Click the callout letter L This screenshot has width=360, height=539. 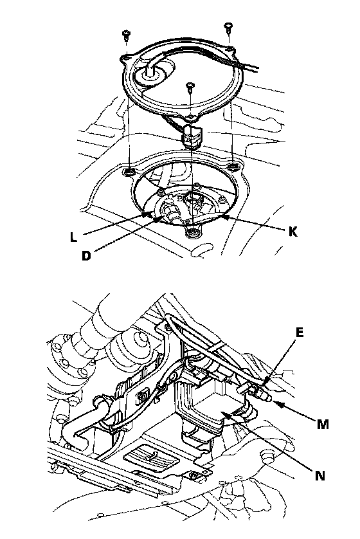(73, 237)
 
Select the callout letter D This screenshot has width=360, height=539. (87, 255)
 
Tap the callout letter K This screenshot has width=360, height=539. (292, 232)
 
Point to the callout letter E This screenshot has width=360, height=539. (300, 333)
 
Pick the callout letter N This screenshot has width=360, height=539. (319, 476)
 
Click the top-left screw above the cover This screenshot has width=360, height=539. (127, 35)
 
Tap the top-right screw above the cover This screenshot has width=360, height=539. (228, 27)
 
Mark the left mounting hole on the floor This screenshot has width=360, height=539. (130, 171)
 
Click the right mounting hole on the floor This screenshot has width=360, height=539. (233, 167)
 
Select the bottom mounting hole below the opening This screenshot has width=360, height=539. (193, 233)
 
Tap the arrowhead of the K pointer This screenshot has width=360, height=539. (223, 217)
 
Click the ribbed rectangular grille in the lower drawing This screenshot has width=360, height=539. (150, 459)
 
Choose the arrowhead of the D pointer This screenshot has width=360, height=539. (159, 218)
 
